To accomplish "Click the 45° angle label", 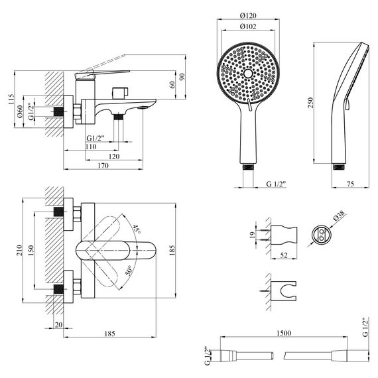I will tap(137, 228).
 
